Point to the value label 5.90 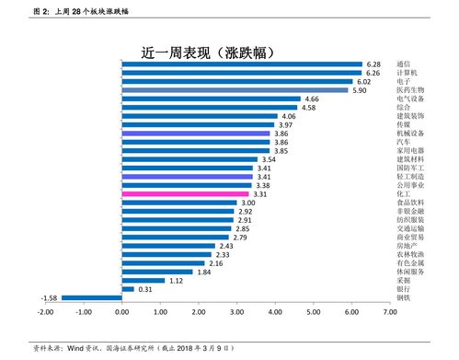tap(361, 91)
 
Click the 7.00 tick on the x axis tap(389, 313)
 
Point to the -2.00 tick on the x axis tap(46, 313)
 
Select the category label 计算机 tap(407, 73)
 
